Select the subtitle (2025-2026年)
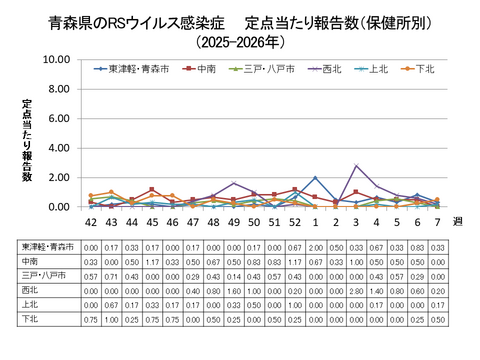point(240,43)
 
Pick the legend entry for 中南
point(204,68)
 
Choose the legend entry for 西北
point(330,68)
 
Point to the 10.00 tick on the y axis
point(57,60)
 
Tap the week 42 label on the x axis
point(91,222)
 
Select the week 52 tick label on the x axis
point(295,222)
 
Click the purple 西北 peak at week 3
point(356,166)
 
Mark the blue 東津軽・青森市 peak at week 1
point(315,178)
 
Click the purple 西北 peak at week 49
point(234,183)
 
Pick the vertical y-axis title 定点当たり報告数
point(28,140)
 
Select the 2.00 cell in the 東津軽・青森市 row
point(315,246)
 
